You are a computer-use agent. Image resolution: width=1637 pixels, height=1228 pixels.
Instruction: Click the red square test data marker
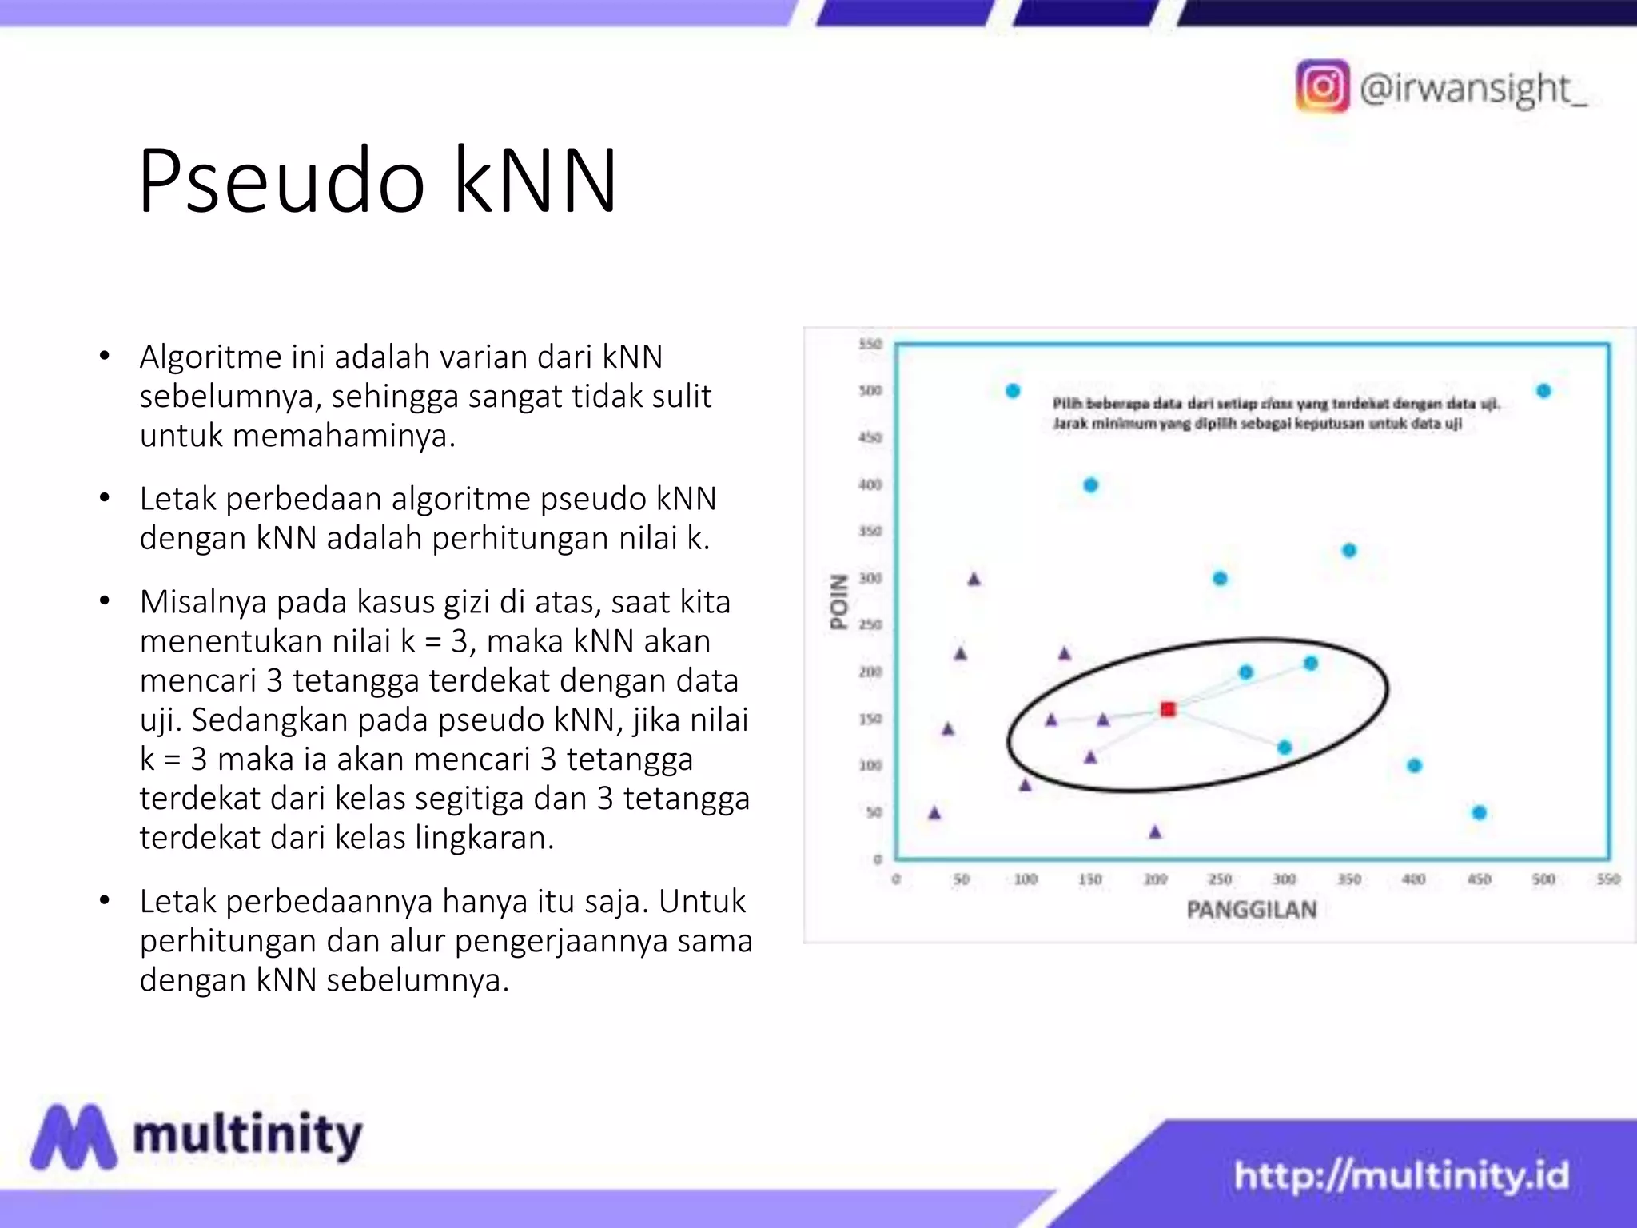[1168, 709]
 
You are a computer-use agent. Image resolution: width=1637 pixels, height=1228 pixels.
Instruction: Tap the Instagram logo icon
[1322, 86]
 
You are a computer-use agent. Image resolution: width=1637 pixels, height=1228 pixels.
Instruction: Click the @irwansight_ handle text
[1472, 88]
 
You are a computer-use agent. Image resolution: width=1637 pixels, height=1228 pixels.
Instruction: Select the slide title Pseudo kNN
[377, 181]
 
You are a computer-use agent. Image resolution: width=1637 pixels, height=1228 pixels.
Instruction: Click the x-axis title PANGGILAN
[1251, 910]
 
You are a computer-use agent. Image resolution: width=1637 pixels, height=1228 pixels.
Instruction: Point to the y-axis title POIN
[838, 602]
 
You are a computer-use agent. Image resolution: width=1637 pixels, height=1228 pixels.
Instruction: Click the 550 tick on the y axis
[870, 344]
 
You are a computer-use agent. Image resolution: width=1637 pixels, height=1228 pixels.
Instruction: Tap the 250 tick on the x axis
[1219, 879]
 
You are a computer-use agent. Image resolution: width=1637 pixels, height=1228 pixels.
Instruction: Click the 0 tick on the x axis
[896, 879]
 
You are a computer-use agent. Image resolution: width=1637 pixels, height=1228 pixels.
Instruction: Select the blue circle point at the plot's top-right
[1543, 391]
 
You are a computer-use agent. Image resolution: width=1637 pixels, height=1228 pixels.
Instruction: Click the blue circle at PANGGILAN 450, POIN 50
[1479, 813]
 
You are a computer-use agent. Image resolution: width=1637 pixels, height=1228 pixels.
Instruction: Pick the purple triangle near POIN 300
[974, 579]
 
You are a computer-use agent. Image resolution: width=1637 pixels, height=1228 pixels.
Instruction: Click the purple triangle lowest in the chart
[1155, 832]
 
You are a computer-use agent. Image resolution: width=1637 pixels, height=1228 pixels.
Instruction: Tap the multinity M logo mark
[74, 1137]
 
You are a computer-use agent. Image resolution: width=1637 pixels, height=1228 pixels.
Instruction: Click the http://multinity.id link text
[1400, 1176]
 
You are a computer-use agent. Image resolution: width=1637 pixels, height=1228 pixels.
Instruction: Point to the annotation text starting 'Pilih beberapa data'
[1275, 404]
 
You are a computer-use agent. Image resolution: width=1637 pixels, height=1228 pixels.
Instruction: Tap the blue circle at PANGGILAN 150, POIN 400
[1090, 485]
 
